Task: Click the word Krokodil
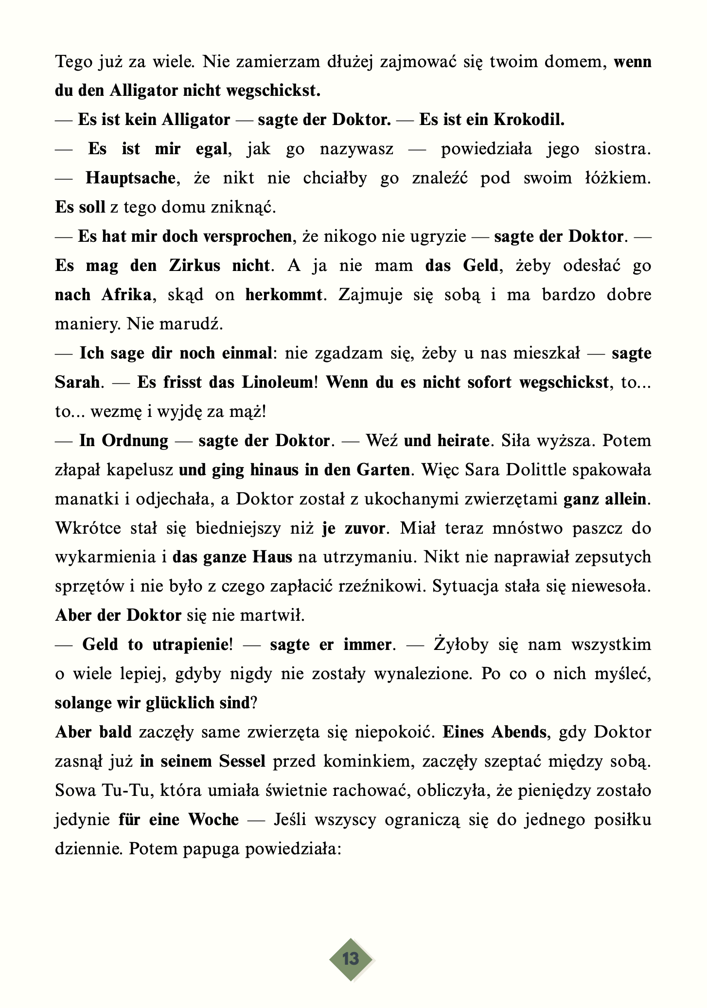pos(529,120)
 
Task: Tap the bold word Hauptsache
pos(130,178)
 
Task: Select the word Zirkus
pos(194,266)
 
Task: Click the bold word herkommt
pos(283,295)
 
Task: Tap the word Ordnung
pos(135,441)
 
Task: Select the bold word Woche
pos(213,820)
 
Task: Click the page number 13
pos(351,959)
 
